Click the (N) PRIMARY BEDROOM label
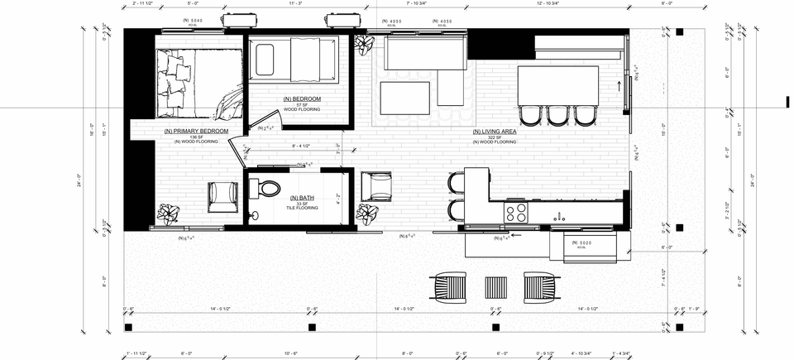[x=196, y=131]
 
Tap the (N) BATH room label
[x=302, y=198]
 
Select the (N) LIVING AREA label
[x=495, y=131]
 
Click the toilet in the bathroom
[x=267, y=189]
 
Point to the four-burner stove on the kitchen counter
[x=516, y=213]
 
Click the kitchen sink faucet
[x=560, y=217]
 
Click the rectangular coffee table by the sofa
[x=404, y=98]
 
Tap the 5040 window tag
[x=191, y=20]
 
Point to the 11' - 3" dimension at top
[x=295, y=3]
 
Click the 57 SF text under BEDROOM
[x=302, y=105]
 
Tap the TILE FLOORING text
[x=302, y=208]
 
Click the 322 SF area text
[x=495, y=137]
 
